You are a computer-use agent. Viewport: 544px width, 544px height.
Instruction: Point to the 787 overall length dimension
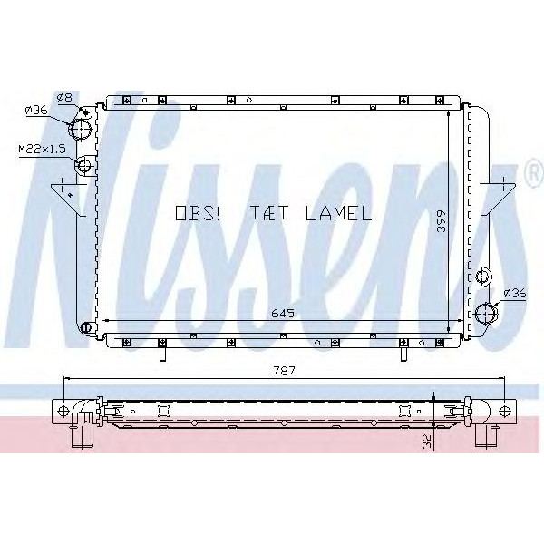286,370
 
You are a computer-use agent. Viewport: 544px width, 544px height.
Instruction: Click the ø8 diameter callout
63,97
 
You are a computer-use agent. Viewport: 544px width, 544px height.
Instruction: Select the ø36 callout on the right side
514,292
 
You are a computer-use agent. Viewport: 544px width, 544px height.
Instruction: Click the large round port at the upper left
83,129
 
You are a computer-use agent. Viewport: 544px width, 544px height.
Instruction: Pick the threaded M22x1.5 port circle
84,165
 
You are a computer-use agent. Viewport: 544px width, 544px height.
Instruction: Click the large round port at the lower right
486,314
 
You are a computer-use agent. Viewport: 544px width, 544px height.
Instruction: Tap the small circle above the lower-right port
482,275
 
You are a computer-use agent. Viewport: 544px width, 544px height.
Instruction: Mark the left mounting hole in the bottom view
63,411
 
